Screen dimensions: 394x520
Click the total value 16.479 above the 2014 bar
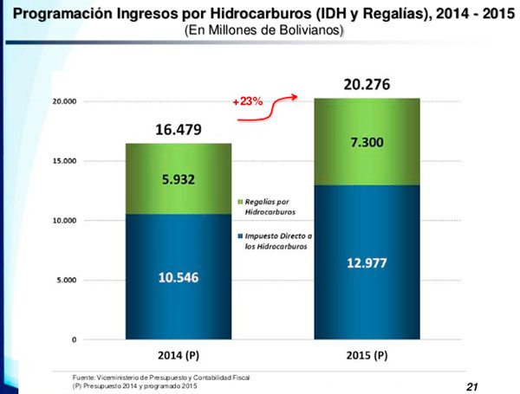[x=179, y=130]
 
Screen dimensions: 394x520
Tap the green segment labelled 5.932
[x=179, y=180]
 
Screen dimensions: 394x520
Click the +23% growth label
[x=247, y=101]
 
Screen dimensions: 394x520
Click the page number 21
[x=471, y=386]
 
